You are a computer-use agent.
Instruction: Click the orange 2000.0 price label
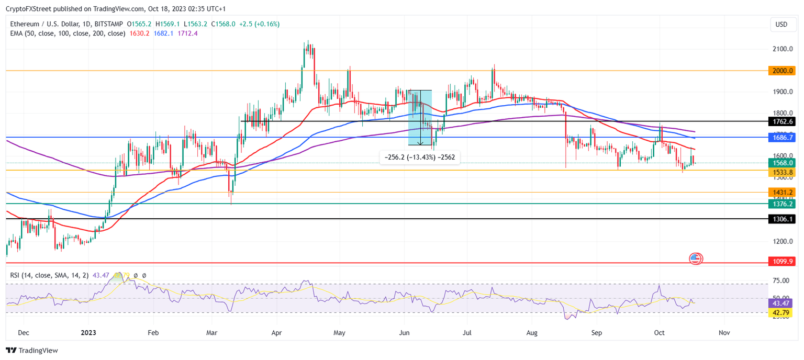click(781, 71)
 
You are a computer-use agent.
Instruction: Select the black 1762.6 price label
click(781, 121)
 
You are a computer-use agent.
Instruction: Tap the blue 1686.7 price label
click(781, 138)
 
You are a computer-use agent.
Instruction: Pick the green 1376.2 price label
click(781, 204)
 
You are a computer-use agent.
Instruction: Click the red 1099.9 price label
click(781, 261)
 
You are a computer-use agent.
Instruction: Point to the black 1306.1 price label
click(781, 219)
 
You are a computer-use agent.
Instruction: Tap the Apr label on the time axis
click(276, 332)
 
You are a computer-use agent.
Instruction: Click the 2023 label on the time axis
click(88, 332)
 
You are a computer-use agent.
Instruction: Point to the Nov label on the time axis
click(724, 332)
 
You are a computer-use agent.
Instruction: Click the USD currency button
click(781, 25)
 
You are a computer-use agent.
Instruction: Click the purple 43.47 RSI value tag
click(781, 303)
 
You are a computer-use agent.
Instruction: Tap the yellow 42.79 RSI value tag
click(781, 312)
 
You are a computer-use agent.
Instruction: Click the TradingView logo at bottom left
click(32, 351)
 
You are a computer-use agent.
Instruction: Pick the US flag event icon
click(695, 258)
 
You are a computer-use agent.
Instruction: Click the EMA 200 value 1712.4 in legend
click(187, 33)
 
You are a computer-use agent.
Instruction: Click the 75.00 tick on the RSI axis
click(781, 281)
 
